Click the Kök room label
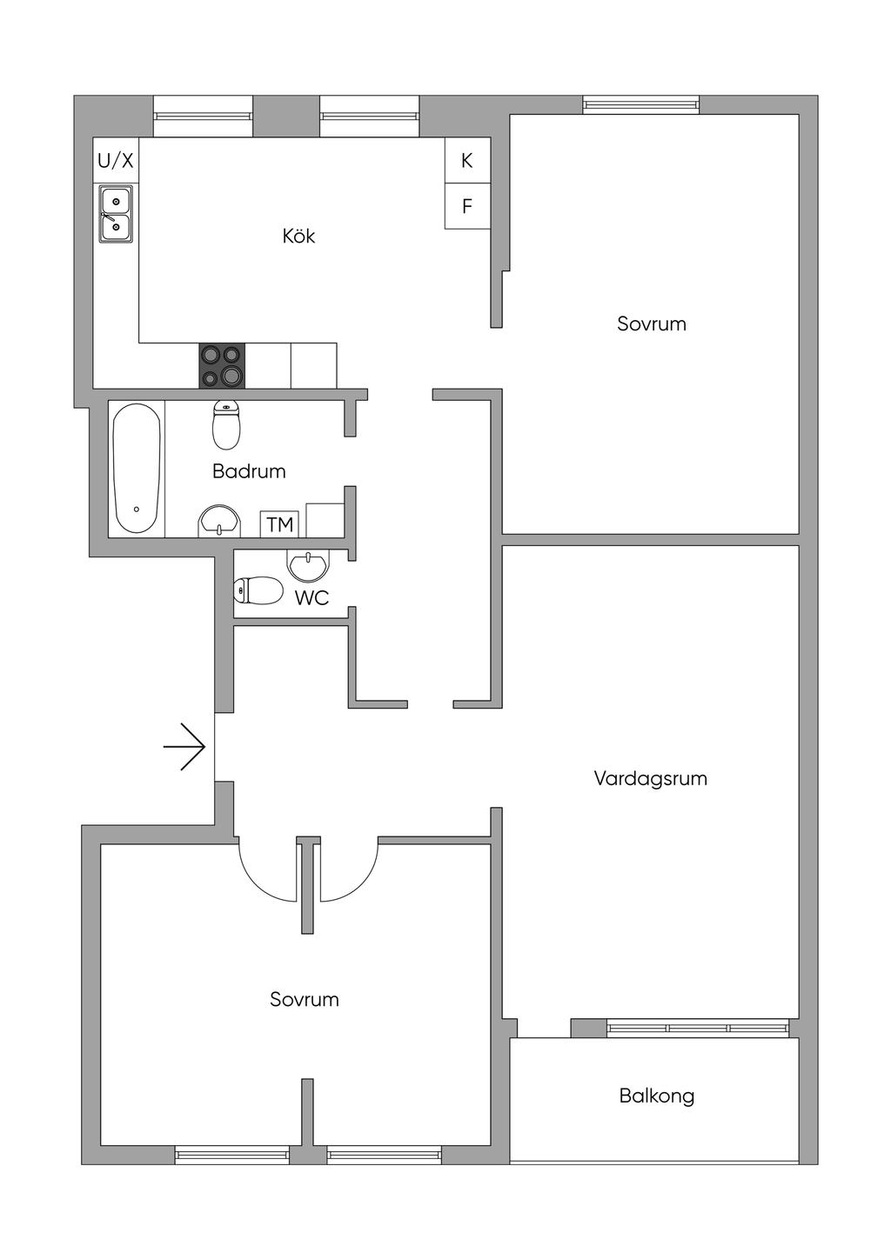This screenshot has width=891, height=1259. pyautogui.click(x=298, y=236)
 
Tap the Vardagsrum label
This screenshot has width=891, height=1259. pyautogui.click(x=650, y=778)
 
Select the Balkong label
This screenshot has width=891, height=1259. pyautogui.click(x=657, y=1096)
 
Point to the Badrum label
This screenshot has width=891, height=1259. pyautogui.click(x=249, y=471)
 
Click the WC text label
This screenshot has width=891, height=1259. pyautogui.click(x=312, y=598)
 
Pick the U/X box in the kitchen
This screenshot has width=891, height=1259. pyautogui.click(x=116, y=160)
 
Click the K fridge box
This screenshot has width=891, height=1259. pyautogui.click(x=467, y=160)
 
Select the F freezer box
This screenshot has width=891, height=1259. pyautogui.click(x=467, y=206)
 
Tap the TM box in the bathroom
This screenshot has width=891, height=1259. pyautogui.click(x=279, y=524)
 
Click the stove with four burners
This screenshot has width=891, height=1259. pyautogui.click(x=222, y=366)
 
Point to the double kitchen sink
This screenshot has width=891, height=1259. pyautogui.click(x=116, y=214)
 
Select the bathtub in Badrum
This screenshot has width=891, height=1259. pyautogui.click(x=137, y=468)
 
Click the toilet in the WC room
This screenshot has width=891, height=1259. pyautogui.click(x=258, y=591)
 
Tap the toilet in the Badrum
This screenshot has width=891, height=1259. pyautogui.click(x=226, y=423)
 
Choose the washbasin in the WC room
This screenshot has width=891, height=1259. pyautogui.click(x=308, y=566)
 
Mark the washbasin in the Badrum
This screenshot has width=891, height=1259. pyautogui.click(x=219, y=522)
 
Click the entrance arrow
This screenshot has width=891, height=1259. pyautogui.click(x=184, y=747)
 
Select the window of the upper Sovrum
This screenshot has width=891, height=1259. pyautogui.click(x=641, y=105)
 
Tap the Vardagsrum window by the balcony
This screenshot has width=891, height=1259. pyautogui.click(x=698, y=1028)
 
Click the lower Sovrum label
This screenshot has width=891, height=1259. pyautogui.click(x=304, y=1000)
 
